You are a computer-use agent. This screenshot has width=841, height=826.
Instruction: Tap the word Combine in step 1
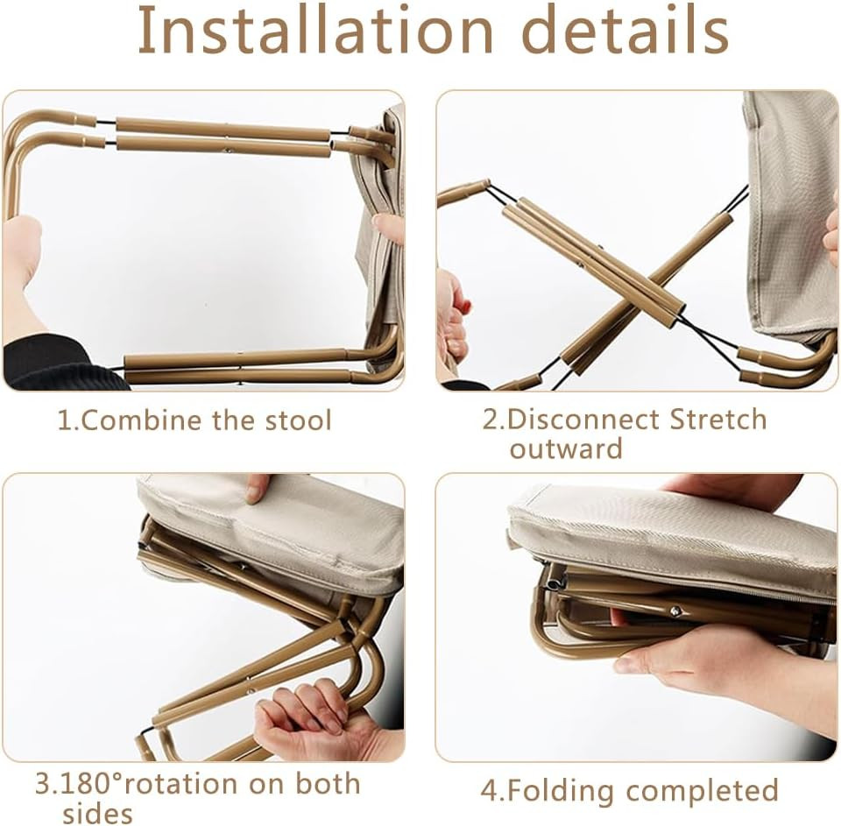coord(142,420)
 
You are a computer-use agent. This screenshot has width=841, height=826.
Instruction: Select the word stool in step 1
coord(299,420)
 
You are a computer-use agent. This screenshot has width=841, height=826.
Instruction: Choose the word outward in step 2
coord(566,448)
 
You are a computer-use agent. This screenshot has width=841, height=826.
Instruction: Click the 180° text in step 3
coord(91,784)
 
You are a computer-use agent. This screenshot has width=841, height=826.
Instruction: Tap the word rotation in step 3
coord(181,784)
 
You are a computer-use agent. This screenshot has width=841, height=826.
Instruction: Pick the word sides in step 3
coord(97,813)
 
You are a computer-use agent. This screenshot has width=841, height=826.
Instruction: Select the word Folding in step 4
coord(561,791)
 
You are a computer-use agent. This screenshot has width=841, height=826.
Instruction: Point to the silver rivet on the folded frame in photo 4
coord(676,610)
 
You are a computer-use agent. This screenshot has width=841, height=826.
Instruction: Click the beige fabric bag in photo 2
coord(789,215)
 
